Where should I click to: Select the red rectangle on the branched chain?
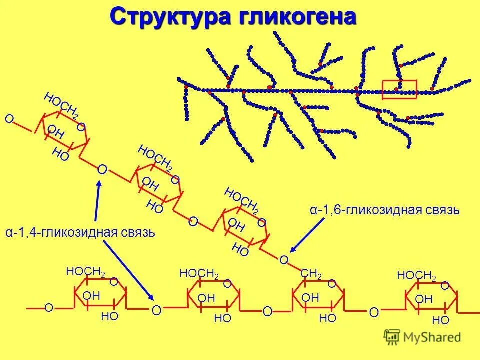tap(399, 89)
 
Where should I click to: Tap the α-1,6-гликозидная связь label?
tap(384, 210)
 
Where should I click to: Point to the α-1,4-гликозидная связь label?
tap(80, 233)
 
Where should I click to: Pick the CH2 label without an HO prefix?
tap(311, 274)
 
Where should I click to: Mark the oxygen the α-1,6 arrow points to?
tap(283, 260)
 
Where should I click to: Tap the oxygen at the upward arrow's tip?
tap(102, 170)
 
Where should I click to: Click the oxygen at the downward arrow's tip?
tap(156, 311)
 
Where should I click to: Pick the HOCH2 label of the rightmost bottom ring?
tap(416, 276)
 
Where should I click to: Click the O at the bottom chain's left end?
tap(49, 308)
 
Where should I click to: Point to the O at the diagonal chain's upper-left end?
tap(9, 119)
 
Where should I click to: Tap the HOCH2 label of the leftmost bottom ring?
tap(85, 272)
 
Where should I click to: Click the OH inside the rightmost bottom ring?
tap(424, 299)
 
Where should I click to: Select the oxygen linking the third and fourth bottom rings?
tap(374, 313)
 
